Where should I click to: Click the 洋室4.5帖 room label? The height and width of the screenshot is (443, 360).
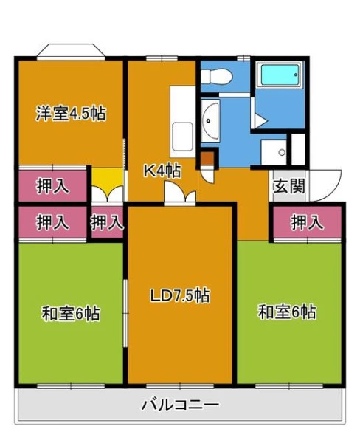pyautogui.click(x=71, y=114)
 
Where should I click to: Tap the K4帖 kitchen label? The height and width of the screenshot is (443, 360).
pyautogui.click(x=162, y=171)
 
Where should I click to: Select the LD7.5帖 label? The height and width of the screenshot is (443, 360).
pyautogui.click(x=179, y=295)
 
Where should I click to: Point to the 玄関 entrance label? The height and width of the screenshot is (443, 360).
pyautogui.click(x=289, y=186)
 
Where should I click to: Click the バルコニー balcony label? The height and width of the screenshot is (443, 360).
pyautogui.click(x=180, y=405)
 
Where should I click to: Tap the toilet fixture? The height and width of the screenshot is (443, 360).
pyautogui.click(x=217, y=76)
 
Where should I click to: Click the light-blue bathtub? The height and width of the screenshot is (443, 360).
pyautogui.click(x=280, y=75)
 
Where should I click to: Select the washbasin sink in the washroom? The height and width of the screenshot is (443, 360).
pyautogui.click(x=211, y=121)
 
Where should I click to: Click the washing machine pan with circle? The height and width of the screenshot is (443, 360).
pyautogui.click(x=274, y=152)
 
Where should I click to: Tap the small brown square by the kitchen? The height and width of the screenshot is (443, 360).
pyautogui.click(x=207, y=159)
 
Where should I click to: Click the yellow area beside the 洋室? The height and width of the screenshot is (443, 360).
pyautogui.click(x=107, y=177)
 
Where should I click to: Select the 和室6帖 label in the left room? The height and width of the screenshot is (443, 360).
pyautogui.click(x=71, y=313)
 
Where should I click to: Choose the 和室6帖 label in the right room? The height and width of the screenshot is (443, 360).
pyautogui.click(x=286, y=312)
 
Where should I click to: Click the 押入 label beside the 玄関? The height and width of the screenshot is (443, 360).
pyautogui.click(x=307, y=222)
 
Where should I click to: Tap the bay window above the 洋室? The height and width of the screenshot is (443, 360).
pyautogui.click(x=71, y=52)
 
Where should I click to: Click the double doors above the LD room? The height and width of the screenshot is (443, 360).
pyautogui.click(x=180, y=193)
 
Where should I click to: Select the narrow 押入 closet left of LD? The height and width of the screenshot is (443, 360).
pyautogui.click(x=107, y=222)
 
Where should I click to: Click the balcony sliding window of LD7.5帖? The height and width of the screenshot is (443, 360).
pyautogui.click(x=180, y=386)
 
